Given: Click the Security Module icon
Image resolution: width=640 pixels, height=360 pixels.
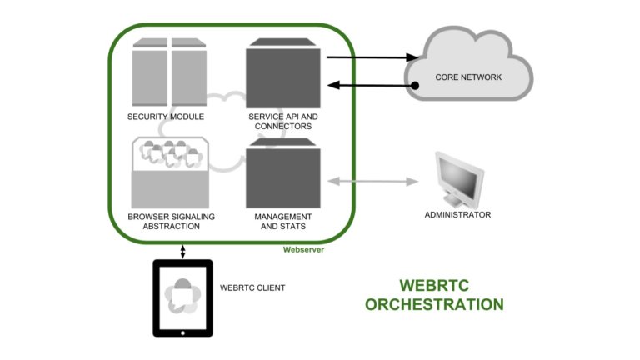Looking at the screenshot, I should [169, 74].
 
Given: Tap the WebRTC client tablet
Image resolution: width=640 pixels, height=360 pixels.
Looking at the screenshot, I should [182, 297].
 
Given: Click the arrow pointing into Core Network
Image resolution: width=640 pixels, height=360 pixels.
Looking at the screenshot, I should [371, 58].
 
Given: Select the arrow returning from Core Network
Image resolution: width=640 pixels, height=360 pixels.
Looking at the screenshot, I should [371, 85].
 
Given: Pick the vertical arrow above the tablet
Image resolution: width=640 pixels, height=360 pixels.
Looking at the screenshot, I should [182, 250].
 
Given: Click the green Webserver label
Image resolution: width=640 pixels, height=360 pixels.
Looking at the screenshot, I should [303, 249].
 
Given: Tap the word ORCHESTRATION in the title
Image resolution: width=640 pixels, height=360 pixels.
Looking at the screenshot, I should [434, 304].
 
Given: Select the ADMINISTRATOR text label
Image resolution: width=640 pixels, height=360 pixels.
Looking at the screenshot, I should [457, 215].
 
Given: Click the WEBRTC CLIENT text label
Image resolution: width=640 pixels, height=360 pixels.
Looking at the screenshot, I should [252, 288].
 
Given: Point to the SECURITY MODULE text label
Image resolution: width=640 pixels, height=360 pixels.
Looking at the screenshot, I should [166, 117].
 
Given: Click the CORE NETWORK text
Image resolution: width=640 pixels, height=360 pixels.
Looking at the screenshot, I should [468, 77].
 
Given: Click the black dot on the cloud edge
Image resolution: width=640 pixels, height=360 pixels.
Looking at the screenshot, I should [414, 85].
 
